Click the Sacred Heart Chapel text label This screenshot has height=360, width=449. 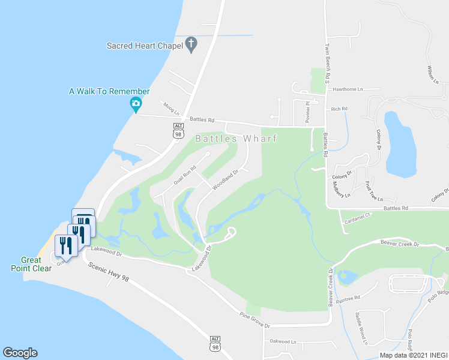144,45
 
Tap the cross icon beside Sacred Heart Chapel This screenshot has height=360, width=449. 191,43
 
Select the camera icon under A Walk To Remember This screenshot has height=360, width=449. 136,104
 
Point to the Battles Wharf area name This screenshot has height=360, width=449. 236,139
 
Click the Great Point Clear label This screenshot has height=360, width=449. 31,264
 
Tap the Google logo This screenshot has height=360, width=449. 20,353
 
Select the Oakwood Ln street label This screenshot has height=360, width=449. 283,341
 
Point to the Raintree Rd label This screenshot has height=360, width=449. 348,298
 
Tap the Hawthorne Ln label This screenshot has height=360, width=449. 348,89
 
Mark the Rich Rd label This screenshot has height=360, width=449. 340,109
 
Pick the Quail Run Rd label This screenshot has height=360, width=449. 185,175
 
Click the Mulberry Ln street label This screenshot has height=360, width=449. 340,187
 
